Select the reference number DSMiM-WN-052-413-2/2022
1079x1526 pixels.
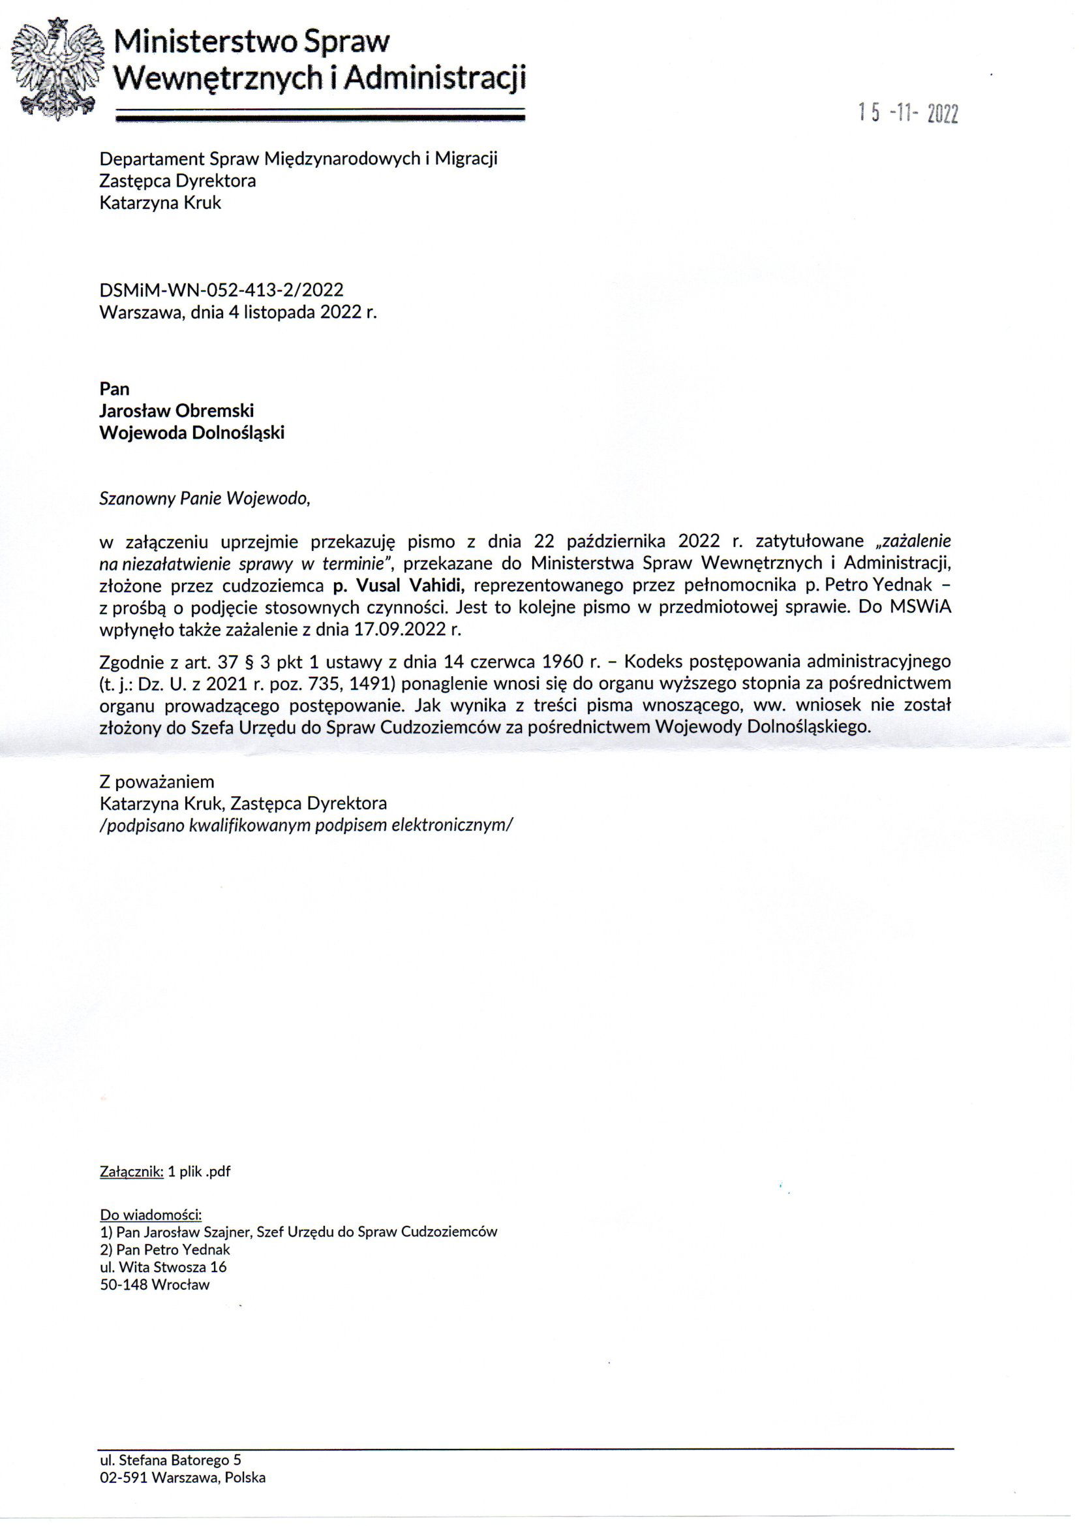(x=221, y=290)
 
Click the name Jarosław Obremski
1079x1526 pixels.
(x=177, y=411)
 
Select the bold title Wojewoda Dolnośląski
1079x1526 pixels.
(x=192, y=433)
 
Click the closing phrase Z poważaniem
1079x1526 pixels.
(x=157, y=781)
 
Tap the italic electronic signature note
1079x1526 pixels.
(x=307, y=825)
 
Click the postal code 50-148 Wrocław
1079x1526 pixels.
(x=155, y=1284)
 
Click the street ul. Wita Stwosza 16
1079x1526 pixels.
(x=164, y=1267)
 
